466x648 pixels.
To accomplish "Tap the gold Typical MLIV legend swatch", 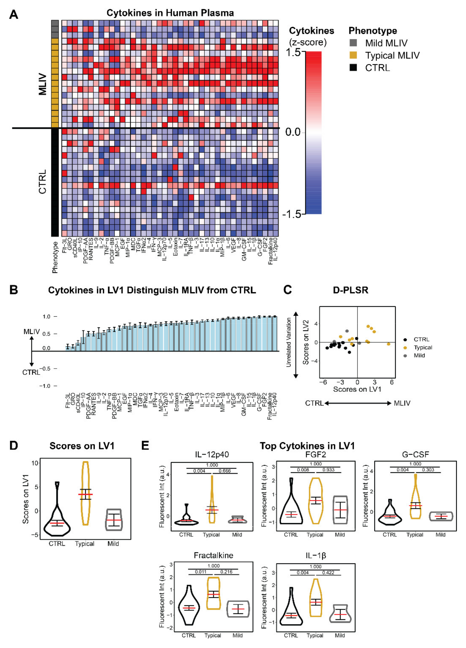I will tap(353, 55).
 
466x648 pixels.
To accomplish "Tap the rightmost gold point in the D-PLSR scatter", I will tap(389, 344).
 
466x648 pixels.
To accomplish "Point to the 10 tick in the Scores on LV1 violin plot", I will tap(35, 463).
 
